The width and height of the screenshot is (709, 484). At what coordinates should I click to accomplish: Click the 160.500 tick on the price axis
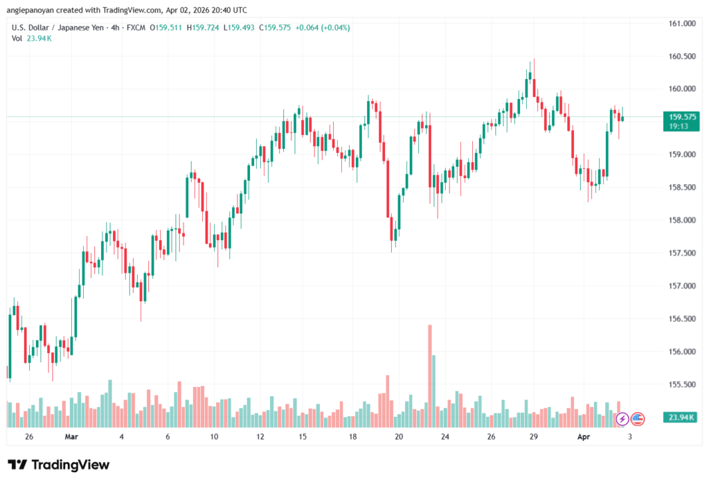[679, 56]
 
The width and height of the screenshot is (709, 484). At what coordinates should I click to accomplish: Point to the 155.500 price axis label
[679, 384]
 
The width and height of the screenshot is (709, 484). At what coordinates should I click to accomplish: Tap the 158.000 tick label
[679, 220]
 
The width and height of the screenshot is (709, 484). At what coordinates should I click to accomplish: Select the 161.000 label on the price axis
[679, 24]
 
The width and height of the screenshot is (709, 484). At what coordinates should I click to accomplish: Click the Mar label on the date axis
[72, 437]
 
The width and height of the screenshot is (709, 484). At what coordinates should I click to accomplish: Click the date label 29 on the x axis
[534, 437]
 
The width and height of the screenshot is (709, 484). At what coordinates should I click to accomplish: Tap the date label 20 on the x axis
[399, 437]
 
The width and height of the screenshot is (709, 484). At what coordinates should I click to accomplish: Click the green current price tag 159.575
[679, 117]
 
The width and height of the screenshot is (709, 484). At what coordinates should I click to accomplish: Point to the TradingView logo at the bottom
[58, 465]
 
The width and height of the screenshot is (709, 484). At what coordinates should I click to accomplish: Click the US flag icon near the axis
[638, 418]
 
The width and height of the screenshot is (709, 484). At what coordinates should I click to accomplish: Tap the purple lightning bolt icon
[622, 418]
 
